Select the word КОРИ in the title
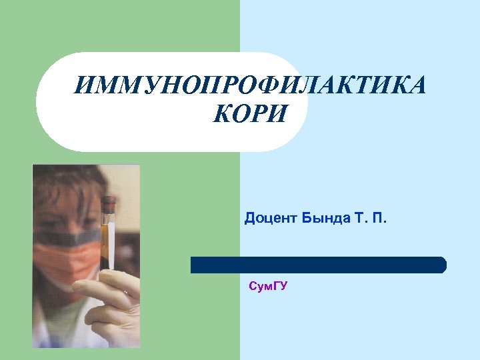tap(249, 115)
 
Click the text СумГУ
tap(267, 287)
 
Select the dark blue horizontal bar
tap(318, 265)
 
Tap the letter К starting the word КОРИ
tap(221, 115)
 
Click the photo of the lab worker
tap(86, 257)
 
